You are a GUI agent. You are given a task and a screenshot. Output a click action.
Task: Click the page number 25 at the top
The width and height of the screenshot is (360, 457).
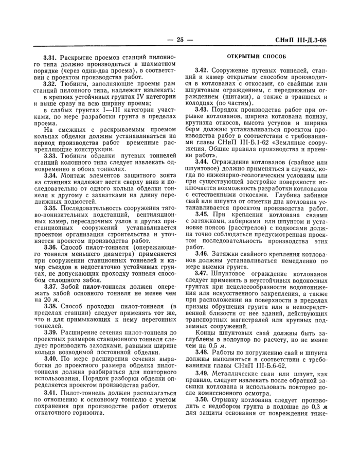tap(179, 40)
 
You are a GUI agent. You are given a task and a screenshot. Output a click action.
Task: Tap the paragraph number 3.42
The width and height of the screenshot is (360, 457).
tap(202, 69)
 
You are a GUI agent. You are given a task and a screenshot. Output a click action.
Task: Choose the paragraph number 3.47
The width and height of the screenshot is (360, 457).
tap(202, 273)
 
